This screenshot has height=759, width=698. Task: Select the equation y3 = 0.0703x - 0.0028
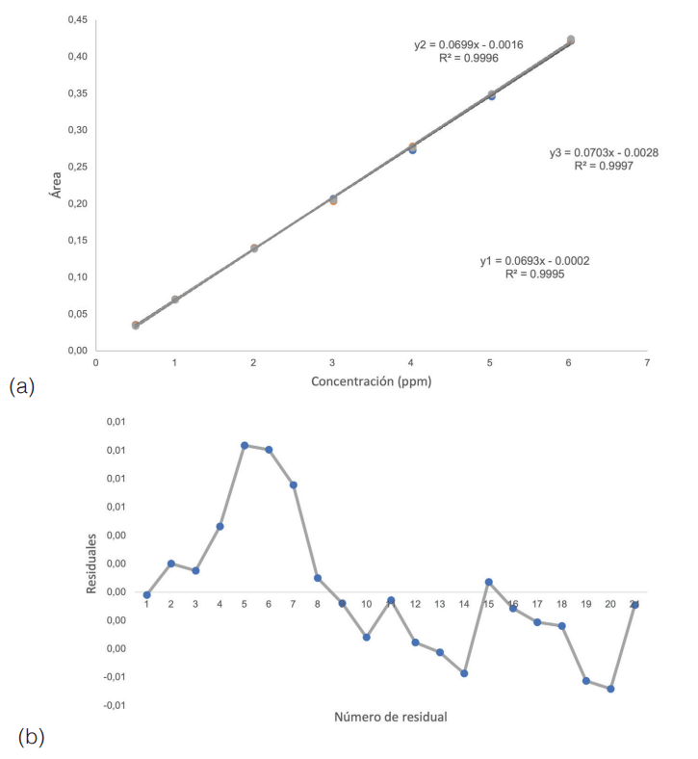tap(604, 153)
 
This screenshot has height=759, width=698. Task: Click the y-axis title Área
tap(57, 183)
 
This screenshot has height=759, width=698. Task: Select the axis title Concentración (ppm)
tap(371, 381)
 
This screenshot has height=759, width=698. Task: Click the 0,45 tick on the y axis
tap(76, 20)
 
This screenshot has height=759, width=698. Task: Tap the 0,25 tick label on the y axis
tap(76, 168)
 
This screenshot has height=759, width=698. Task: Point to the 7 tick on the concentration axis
tap(647, 363)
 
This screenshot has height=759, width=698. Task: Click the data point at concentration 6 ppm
tap(570, 40)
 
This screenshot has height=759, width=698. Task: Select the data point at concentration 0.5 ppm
tap(136, 326)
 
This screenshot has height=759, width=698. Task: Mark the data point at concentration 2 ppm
tap(254, 249)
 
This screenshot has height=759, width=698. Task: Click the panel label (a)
tap(22, 386)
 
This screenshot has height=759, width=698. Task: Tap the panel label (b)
tap(30, 737)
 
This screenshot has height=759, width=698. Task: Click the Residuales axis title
tap(91, 563)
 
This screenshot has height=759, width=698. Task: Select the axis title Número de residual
tap(390, 717)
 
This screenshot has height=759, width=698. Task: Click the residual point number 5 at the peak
tap(245, 445)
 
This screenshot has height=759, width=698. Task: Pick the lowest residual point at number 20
tap(610, 689)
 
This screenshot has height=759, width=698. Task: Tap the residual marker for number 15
tap(489, 582)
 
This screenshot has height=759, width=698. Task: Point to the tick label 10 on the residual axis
tap(367, 604)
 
